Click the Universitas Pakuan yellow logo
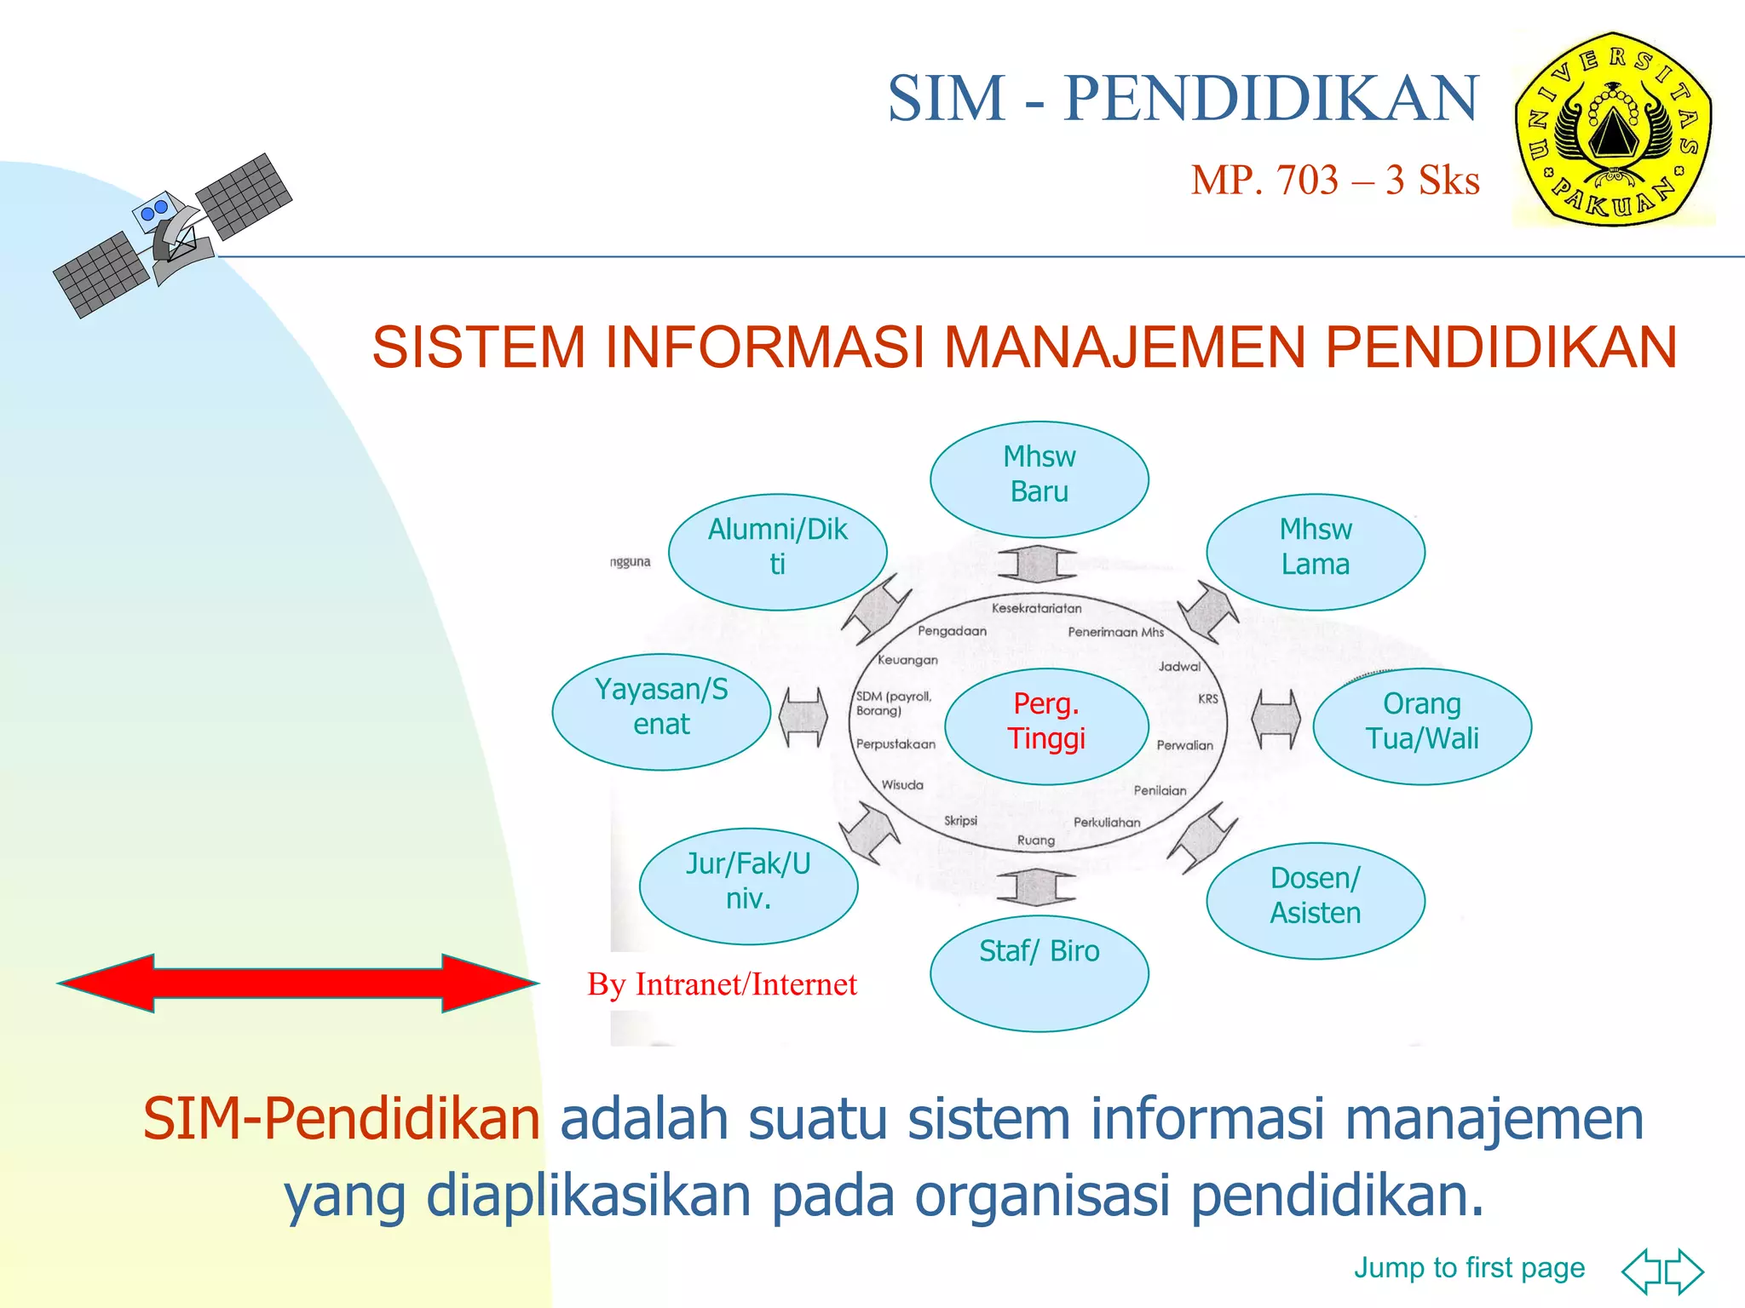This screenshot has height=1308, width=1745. [1613, 129]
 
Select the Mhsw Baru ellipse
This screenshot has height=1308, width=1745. [1039, 479]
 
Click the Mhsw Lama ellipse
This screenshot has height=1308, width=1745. [1315, 552]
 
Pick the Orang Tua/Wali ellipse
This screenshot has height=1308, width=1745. [1421, 726]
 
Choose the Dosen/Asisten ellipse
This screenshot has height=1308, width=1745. [1315, 900]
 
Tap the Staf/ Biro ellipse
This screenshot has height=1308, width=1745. [1039, 973]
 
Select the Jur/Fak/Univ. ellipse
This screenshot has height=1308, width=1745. [748, 886]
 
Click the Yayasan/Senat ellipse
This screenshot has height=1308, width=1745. [661, 711]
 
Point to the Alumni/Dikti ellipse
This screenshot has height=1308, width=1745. [777, 552]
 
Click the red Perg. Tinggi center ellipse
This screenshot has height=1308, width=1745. [1046, 726]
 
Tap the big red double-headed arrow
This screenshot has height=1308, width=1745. [298, 983]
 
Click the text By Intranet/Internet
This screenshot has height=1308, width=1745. [722, 984]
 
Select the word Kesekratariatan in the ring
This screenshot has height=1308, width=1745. [1036, 608]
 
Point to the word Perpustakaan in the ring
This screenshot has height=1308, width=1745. [895, 744]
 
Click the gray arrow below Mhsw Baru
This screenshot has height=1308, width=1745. [1037, 563]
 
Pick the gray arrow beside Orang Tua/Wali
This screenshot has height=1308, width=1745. [1276, 719]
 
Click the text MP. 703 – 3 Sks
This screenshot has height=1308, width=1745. [1334, 181]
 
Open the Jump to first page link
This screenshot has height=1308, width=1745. [1469, 1267]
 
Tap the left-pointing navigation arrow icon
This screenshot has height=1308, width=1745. [1642, 1271]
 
